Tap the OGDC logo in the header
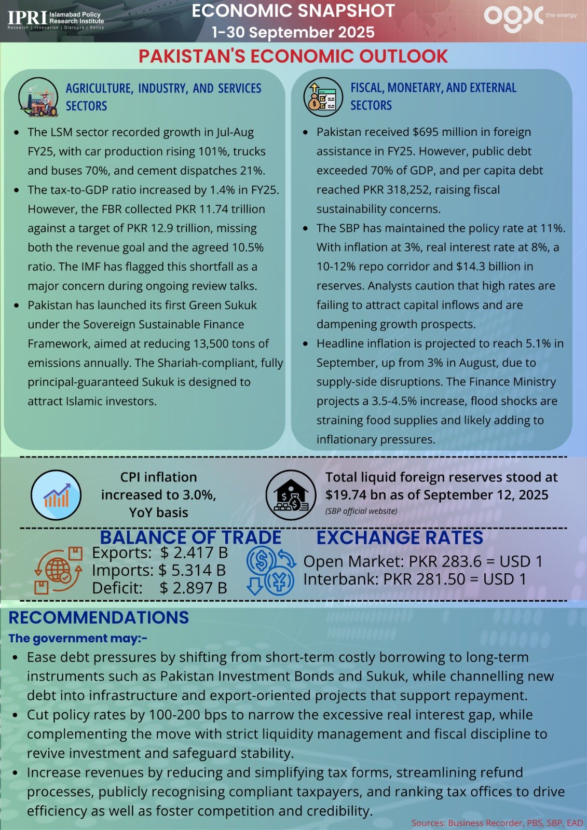[x=513, y=18]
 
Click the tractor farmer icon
[x=38, y=98]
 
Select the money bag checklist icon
[x=323, y=97]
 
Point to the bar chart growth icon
[x=56, y=495]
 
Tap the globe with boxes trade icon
[x=58, y=571]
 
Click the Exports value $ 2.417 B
[x=194, y=553]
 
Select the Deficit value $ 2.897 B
[x=193, y=588]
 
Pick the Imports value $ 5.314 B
[x=192, y=571]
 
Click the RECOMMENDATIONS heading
[x=99, y=618]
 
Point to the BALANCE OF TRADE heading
[x=190, y=537]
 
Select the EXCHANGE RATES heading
[x=400, y=537]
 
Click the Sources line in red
[x=497, y=823]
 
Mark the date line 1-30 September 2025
[x=293, y=32]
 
